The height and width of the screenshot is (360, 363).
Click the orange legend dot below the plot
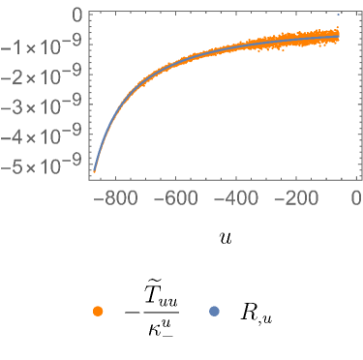[98, 311]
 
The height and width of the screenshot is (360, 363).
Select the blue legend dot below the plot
[214, 311]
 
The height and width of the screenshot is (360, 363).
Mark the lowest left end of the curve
[95, 172]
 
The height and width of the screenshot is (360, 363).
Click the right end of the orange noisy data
[338, 37]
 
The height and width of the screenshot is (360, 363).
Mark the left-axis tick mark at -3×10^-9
[89, 107]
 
